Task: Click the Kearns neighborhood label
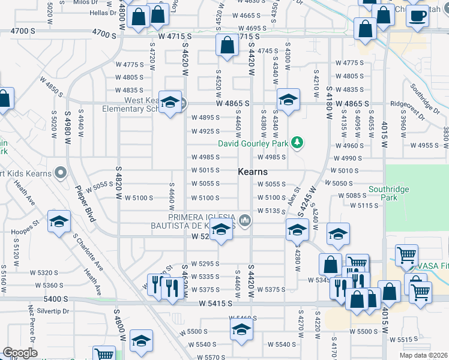click(253, 172)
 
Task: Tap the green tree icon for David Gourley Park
click(297, 143)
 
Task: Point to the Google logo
click(20, 352)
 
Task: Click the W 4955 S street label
click(425, 145)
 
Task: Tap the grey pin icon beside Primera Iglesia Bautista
click(244, 221)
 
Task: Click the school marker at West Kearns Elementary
click(170, 103)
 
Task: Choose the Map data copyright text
click(423, 355)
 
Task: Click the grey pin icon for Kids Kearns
click(60, 173)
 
